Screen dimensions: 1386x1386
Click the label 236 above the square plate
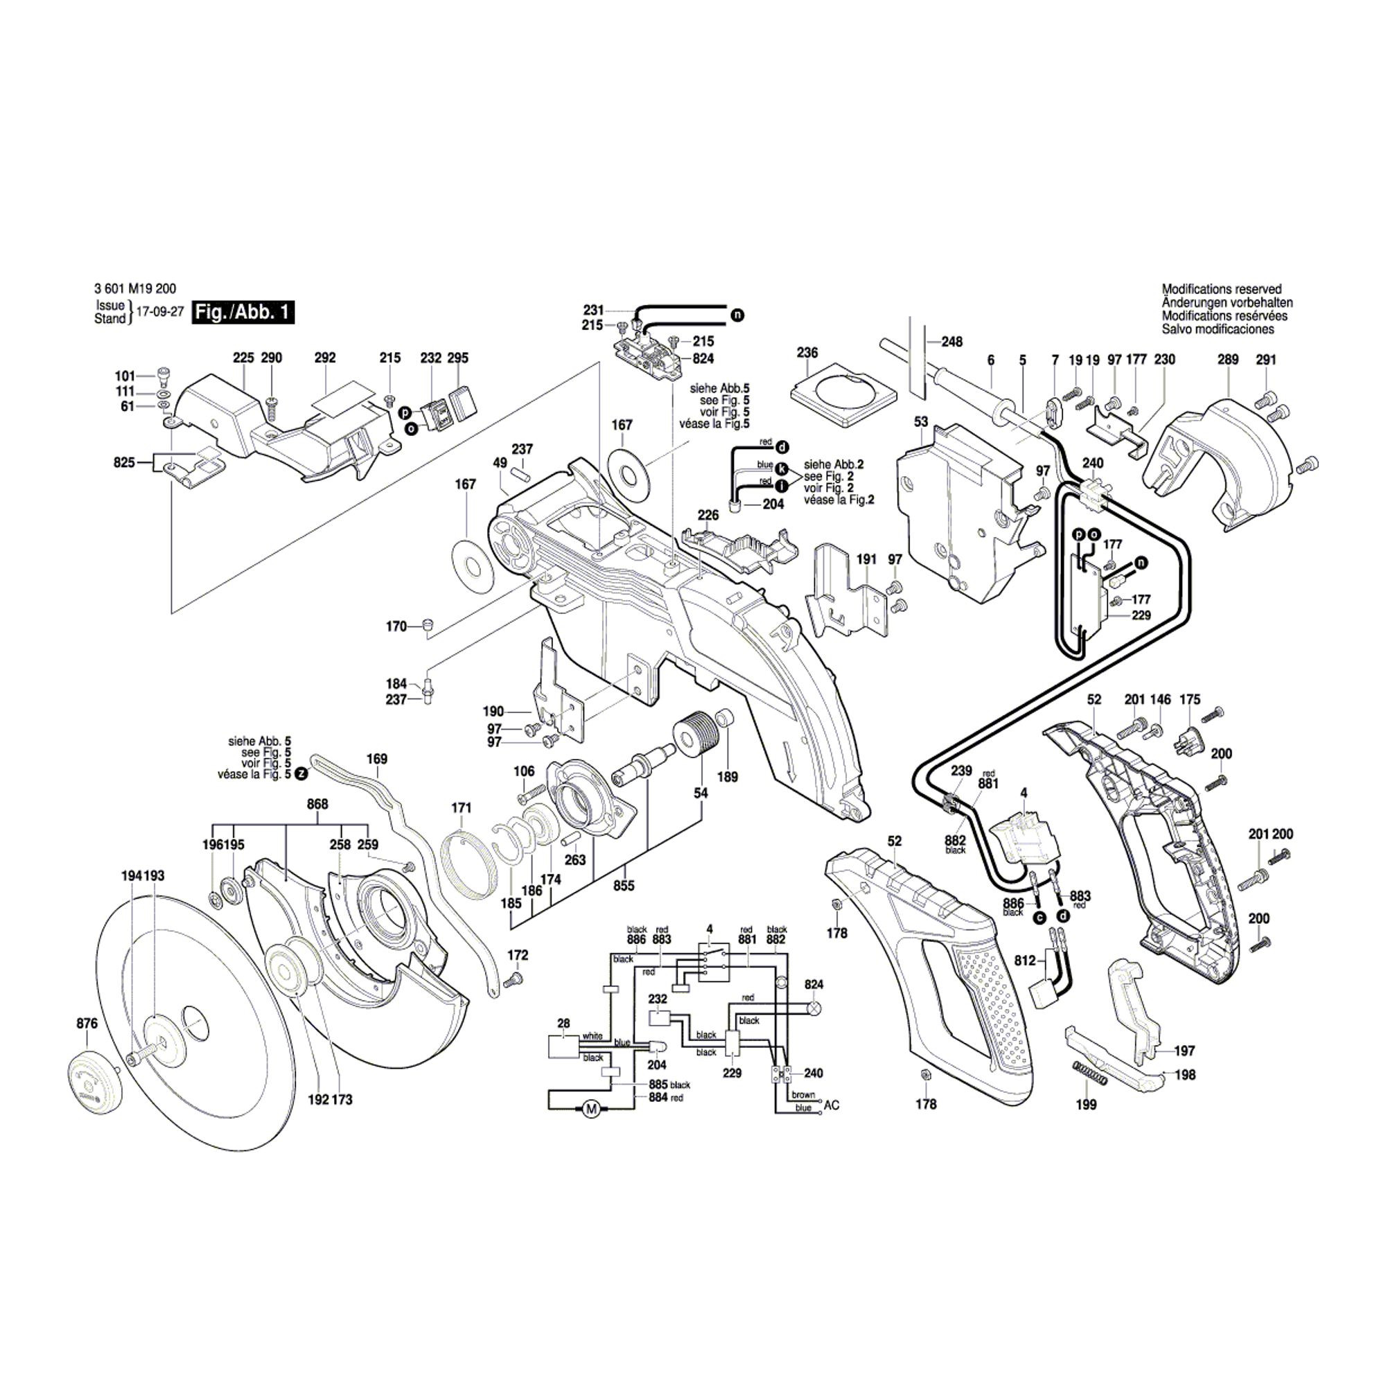807,353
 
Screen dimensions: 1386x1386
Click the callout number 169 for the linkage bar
376,759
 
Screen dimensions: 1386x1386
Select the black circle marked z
301,774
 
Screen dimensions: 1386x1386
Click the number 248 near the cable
952,342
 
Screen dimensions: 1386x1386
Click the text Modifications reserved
1221,289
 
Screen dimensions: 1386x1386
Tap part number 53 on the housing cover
921,422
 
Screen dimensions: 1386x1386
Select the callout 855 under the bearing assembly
624,886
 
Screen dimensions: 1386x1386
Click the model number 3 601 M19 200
135,290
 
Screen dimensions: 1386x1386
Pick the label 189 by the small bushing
728,776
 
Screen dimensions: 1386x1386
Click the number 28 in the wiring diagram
564,1023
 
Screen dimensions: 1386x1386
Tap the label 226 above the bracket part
708,515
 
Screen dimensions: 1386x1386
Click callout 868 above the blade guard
317,804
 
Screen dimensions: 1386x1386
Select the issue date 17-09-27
160,313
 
